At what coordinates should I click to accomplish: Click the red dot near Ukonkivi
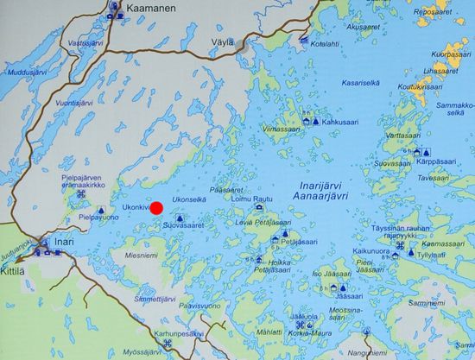[157, 207]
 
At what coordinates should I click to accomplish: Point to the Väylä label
[223, 41]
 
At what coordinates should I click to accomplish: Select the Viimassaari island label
[281, 129]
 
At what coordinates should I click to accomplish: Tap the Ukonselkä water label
[189, 199]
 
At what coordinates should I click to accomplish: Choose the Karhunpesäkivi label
[179, 332]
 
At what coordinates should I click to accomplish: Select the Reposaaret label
[434, 12]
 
